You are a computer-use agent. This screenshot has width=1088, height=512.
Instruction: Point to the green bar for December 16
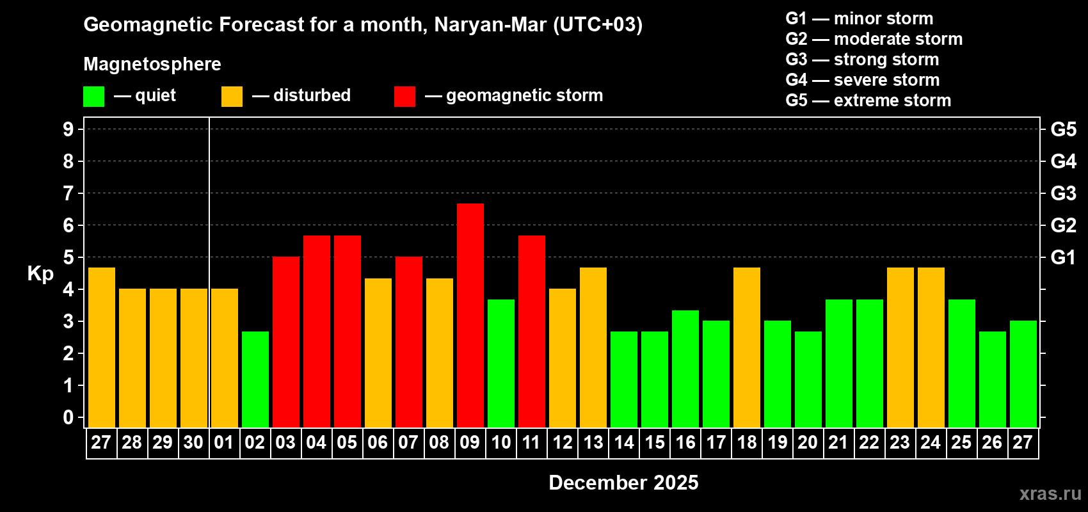click(685, 369)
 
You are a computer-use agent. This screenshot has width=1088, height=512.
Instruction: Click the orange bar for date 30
click(194, 358)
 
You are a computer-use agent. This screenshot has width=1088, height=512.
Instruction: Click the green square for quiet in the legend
click(94, 97)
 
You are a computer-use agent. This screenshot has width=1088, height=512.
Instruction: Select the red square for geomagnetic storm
click(404, 97)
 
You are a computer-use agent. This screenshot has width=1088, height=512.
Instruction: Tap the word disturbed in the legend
click(312, 95)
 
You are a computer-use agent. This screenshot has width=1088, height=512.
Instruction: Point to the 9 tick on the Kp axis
click(68, 129)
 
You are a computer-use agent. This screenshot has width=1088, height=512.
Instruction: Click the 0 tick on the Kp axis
click(68, 417)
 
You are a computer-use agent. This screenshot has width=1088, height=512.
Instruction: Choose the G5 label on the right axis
click(1063, 129)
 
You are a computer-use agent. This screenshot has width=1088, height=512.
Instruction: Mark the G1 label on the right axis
click(1063, 257)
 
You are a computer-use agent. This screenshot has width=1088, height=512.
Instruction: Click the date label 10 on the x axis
click(501, 442)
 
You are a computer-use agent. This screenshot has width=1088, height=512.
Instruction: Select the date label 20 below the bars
click(808, 442)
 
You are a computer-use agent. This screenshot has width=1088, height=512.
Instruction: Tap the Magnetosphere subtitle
click(152, 64)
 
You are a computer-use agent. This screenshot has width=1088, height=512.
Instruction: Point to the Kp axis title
click(40, 273)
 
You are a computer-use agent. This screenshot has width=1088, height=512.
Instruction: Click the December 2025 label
click(623, 483)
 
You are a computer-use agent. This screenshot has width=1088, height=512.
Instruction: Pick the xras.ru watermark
click(1050, 493)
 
